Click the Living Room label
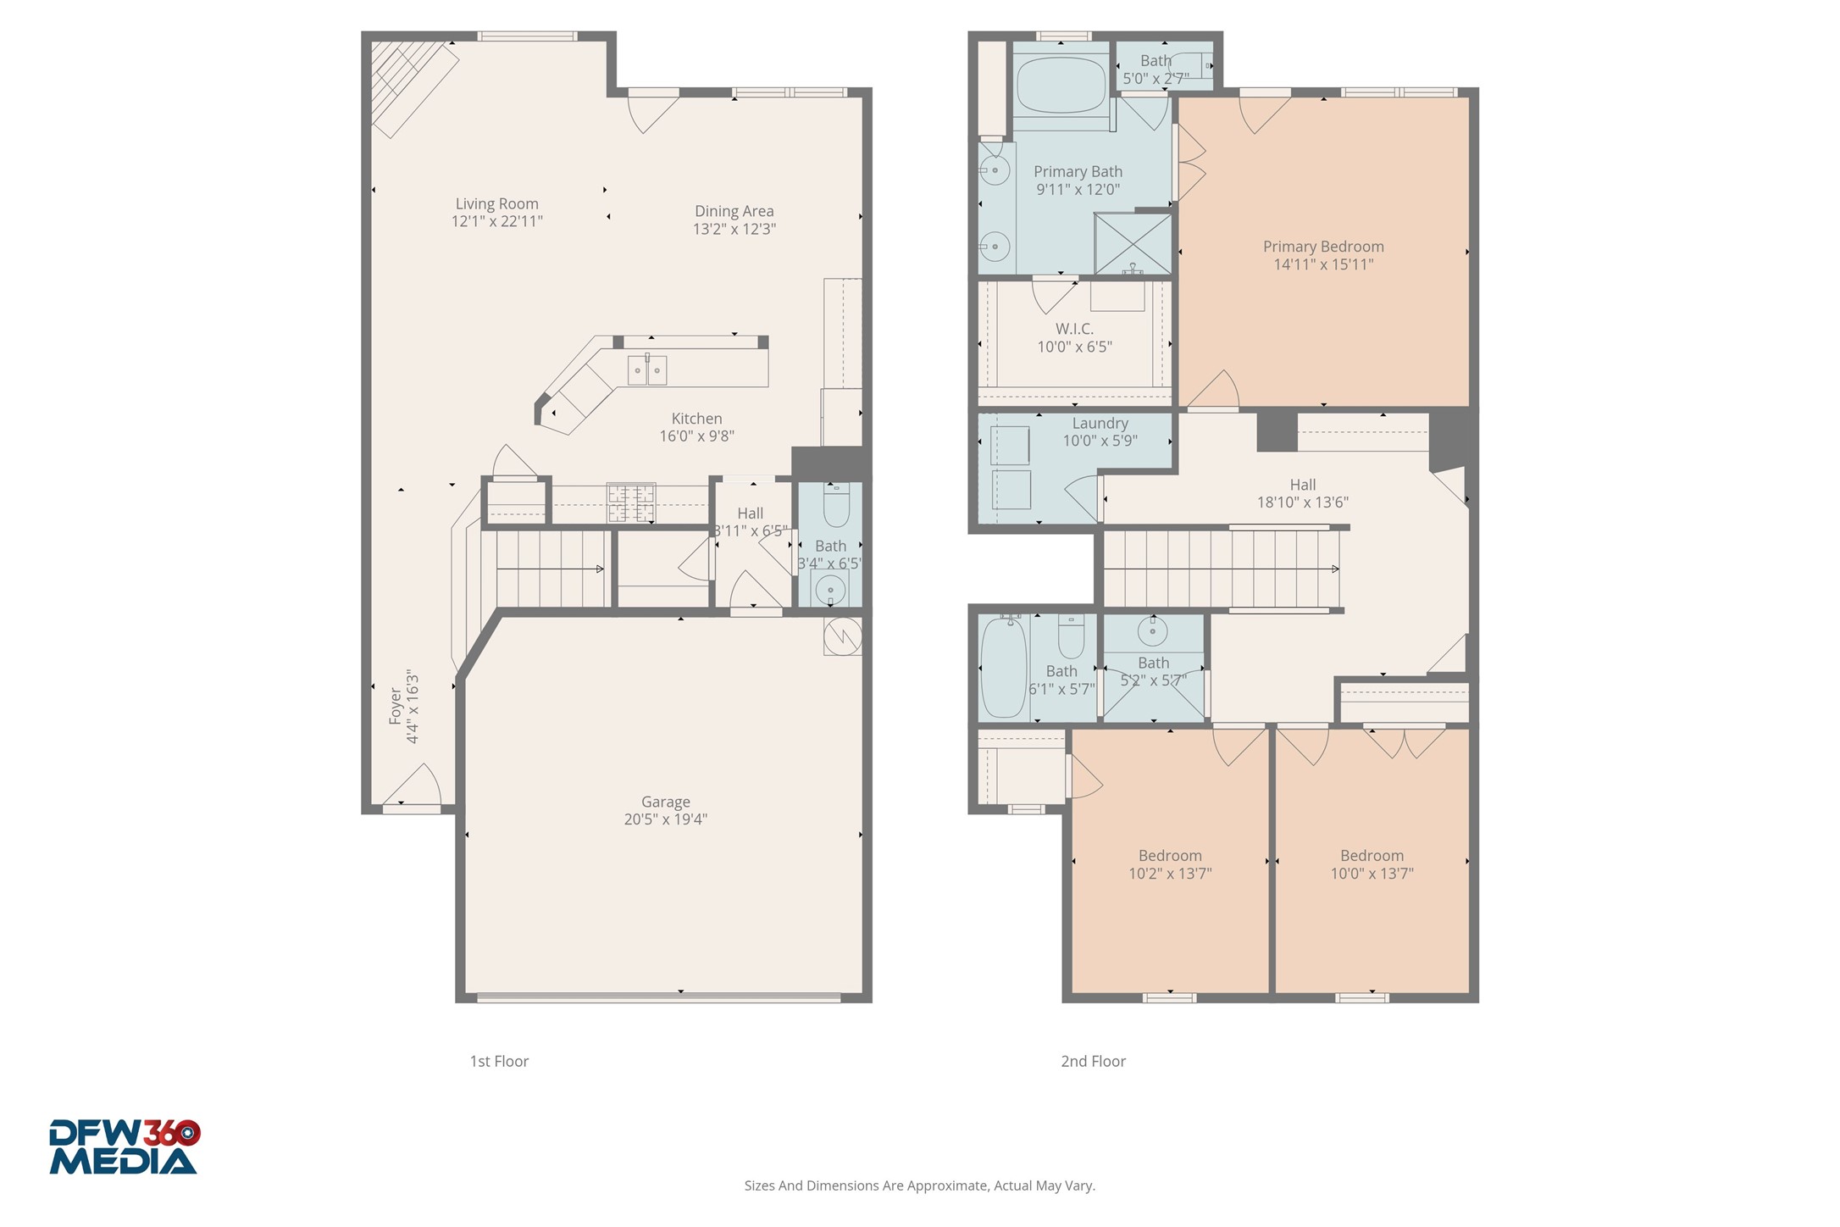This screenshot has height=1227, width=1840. [496, 203]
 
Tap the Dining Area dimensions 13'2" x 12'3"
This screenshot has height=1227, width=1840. [734, 229]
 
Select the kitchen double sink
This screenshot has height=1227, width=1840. [647, 370]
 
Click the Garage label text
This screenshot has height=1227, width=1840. [665, 802]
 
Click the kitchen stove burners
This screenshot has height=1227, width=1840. [631, 502]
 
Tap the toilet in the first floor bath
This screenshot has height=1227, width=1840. [836, 506]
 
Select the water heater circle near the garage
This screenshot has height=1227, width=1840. [844, 636]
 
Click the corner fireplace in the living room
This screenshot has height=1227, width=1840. [411, 81]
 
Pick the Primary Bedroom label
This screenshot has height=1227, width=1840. [1322, 247]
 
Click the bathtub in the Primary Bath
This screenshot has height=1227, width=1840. [1061, 85]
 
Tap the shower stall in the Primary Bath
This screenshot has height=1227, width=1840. [1133, 244]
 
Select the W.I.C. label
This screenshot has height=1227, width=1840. [1074, 329]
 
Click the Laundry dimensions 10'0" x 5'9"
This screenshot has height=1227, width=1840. [1100, 441]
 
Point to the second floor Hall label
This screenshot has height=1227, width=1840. [1302, 485]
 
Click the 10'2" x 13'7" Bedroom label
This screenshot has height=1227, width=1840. [1170, 856]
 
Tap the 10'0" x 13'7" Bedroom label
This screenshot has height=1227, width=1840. [1372, 856]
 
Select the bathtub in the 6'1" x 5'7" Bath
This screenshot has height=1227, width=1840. [1004, 668]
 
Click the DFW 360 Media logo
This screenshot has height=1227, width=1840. [125, 1146]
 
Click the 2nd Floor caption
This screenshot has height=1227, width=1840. [1093, 1061]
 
